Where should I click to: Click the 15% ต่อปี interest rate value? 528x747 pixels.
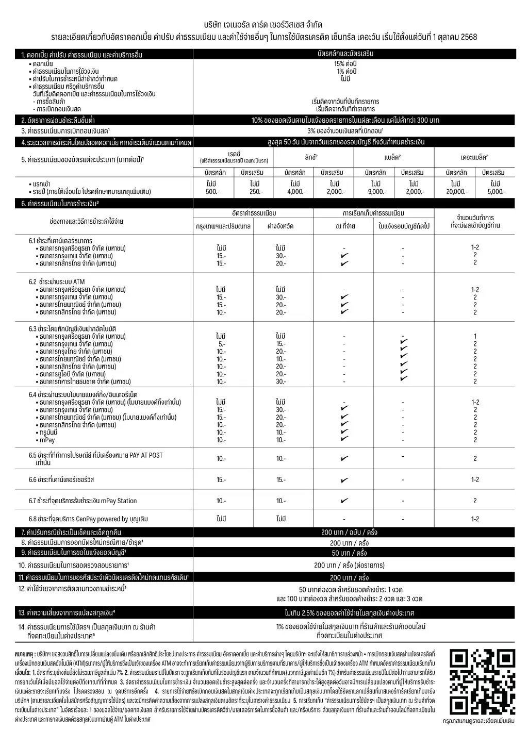(346, 64)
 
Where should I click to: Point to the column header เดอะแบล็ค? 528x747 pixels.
(474, 157)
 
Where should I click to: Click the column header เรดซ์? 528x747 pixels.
(234, 154)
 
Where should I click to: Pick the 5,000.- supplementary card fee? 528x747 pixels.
(497, 192)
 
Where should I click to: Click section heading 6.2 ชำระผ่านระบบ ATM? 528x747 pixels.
(57, 281)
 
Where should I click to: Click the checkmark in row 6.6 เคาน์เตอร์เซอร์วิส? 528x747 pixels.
(344, 480)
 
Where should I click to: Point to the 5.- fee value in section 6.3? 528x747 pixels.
(221, 344)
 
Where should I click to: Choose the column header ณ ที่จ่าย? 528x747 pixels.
(345, 226)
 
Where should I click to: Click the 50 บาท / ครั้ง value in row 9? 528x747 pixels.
(349, 553)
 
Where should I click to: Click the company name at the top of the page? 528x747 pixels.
(263, 25)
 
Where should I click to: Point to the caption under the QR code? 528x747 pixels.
(482, 721)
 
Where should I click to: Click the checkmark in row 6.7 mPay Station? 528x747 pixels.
(344, 501)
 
